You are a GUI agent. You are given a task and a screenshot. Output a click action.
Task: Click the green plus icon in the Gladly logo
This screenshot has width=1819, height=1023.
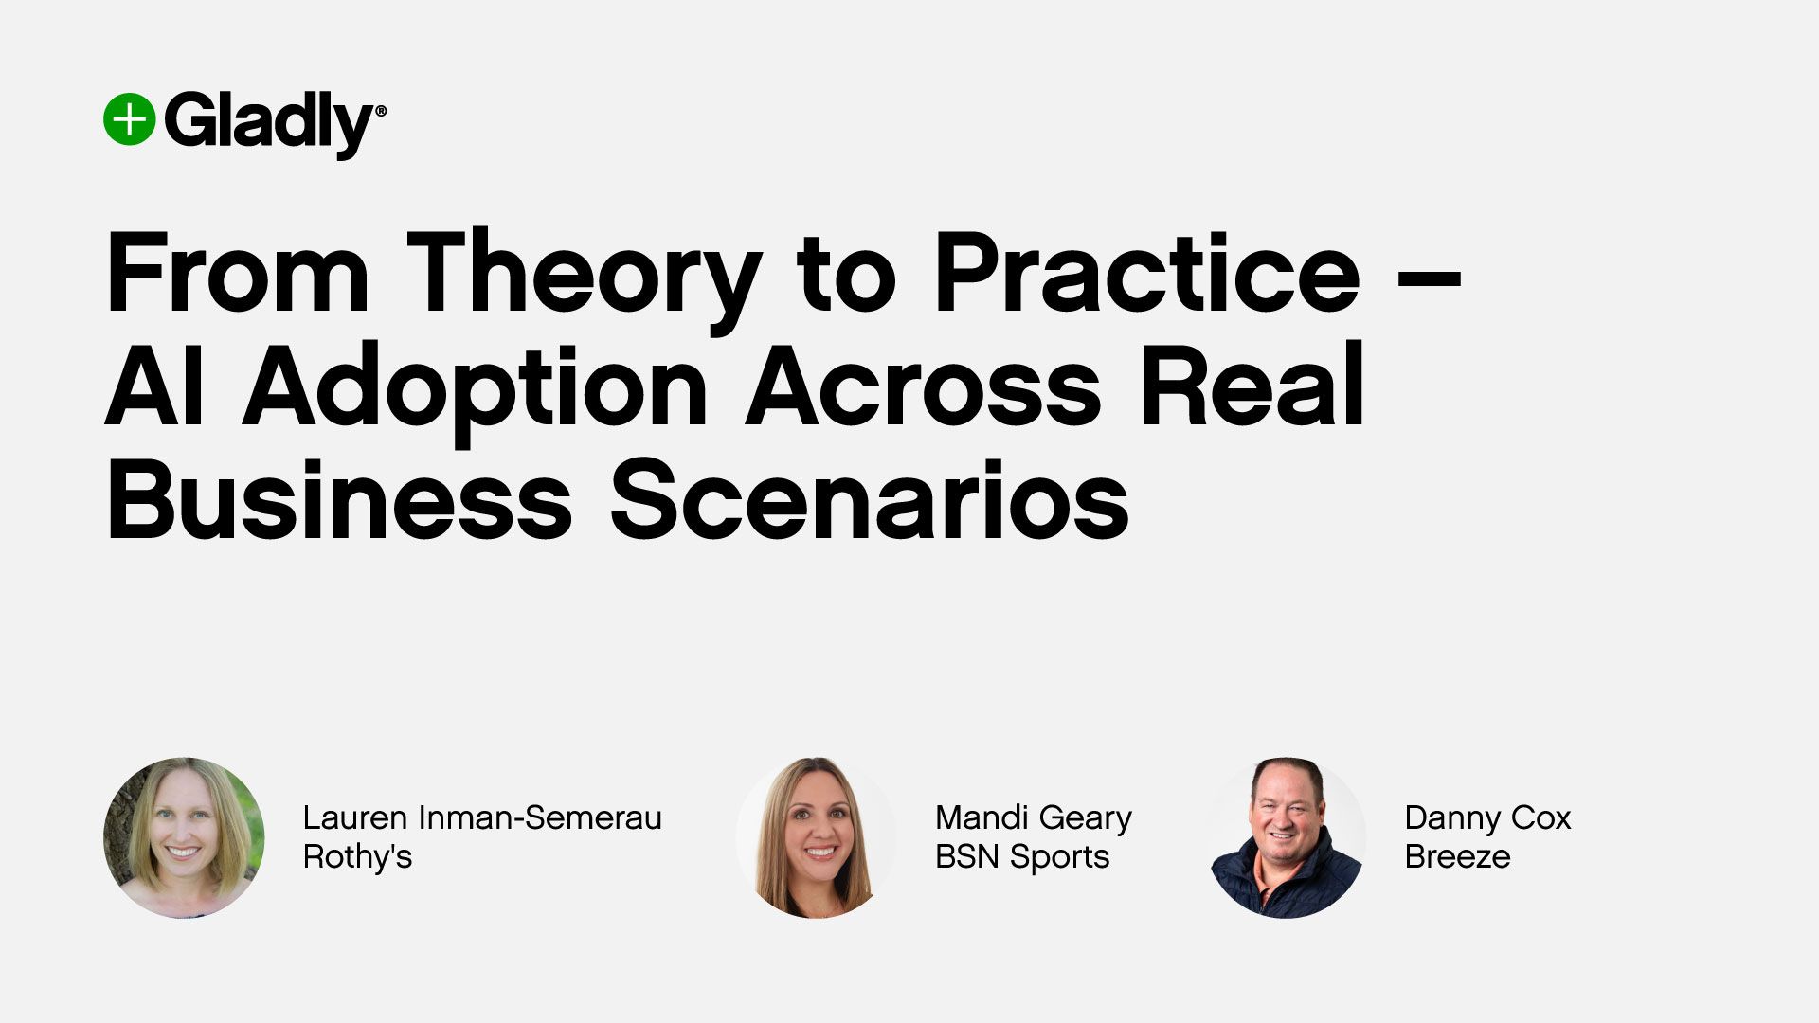(129, 120)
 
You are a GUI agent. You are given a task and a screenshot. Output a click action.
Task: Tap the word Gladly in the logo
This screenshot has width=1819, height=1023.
(270, 123)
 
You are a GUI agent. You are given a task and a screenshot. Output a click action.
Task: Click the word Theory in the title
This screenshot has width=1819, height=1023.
(584, 275)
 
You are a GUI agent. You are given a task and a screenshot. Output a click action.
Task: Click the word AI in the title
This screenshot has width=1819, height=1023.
(154, 387)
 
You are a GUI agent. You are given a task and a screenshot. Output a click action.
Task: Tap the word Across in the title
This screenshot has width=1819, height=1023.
(923, 387)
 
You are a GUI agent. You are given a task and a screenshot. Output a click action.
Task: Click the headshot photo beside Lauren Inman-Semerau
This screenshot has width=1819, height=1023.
(184, 837)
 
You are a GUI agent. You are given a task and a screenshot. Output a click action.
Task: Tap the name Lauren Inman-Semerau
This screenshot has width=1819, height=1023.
(482, 817)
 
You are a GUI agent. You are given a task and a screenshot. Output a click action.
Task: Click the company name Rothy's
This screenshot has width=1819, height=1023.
(357, 856)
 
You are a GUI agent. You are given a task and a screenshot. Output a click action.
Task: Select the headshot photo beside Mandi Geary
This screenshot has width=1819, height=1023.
(816, 837)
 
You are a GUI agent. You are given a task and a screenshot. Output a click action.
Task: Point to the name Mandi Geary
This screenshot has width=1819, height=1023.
(1033, 817)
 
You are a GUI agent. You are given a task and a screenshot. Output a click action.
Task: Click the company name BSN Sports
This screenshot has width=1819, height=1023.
(1021, 856)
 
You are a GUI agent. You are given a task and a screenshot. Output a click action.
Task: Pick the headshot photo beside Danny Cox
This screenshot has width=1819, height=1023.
(1287, 837)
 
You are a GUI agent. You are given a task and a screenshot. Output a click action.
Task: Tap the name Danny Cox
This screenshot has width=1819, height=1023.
(1487, 817)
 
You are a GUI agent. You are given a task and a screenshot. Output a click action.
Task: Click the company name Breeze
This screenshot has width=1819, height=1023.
(1457, 856)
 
